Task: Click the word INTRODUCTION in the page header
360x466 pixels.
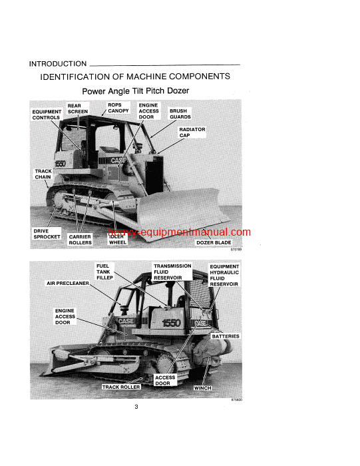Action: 58,64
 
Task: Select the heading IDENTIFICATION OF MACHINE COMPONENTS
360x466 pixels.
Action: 135,77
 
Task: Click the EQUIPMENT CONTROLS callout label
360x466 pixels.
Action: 46,115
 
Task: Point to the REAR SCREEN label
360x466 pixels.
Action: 77,109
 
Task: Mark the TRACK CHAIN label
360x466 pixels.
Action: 43,174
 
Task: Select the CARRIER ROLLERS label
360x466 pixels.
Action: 81,239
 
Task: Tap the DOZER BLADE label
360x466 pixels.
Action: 214,243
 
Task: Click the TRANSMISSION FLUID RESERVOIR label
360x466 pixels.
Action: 172,272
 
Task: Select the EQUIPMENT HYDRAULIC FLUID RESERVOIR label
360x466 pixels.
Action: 224,275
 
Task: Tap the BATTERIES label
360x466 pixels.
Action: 226,336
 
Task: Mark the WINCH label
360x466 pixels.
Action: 202,387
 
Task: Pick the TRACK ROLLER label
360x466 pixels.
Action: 121,387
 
